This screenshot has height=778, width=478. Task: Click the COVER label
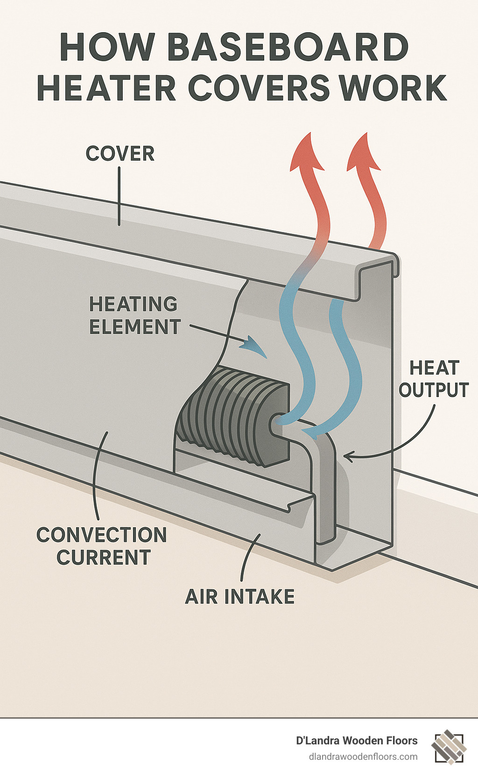[x=120, y=154]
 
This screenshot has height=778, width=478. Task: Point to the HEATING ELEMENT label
[x=134, y=315]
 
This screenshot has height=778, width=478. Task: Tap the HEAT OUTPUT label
[x=434, y=379]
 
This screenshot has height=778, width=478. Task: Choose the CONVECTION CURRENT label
[x=102, y=546]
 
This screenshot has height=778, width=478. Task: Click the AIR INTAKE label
[x=240, y=597]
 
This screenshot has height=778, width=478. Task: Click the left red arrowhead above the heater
[x=307, y=152]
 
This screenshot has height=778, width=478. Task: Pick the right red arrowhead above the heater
[x=364, y=152]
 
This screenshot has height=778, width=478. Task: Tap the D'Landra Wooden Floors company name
[x=357, y=741]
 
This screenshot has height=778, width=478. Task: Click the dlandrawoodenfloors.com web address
[x=363, y=757]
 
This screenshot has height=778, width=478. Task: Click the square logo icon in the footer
[x=449, y=747]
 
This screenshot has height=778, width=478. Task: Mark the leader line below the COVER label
[x=119, y=196]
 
